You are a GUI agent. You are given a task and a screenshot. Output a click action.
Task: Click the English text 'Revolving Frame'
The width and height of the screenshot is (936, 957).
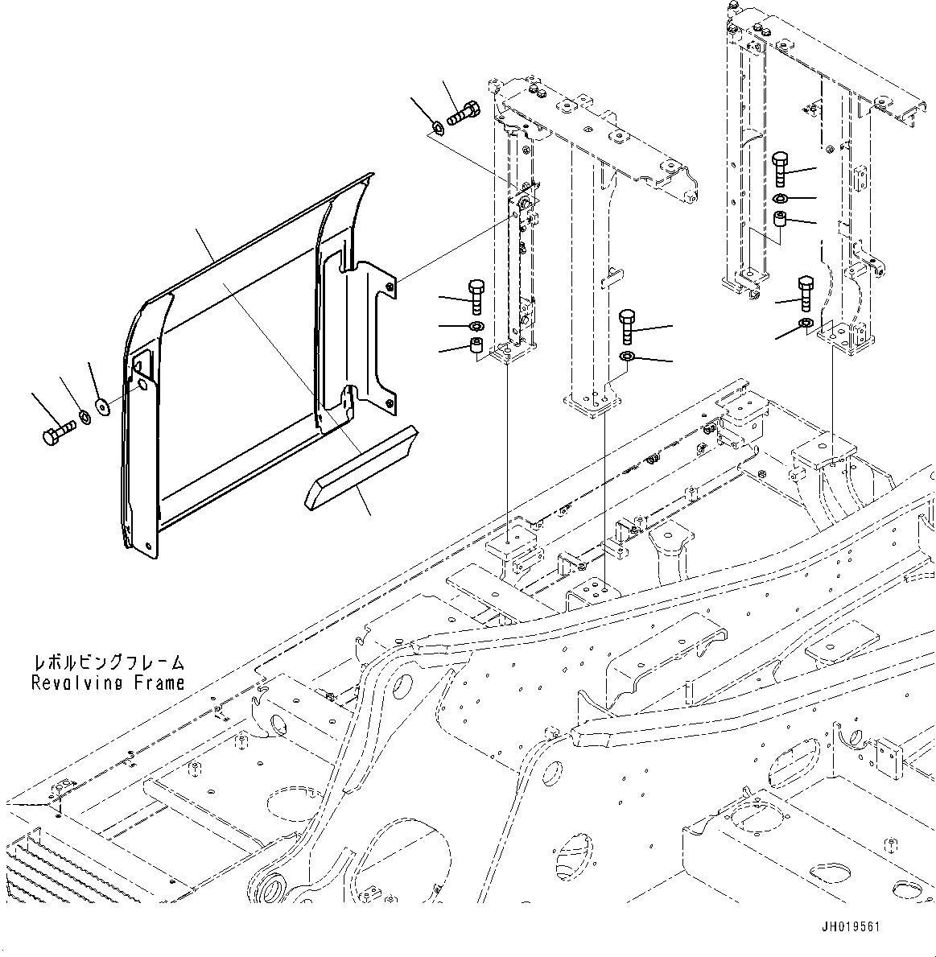point(108,683)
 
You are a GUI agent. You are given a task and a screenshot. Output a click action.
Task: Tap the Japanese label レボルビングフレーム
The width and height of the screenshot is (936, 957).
point(108,663)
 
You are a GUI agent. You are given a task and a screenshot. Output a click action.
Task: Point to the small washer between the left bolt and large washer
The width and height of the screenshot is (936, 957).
point(83,419)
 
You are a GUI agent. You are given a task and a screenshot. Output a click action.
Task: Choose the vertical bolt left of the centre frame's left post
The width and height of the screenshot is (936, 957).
point(474,295)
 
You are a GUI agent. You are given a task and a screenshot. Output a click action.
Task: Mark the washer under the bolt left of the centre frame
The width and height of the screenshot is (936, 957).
point(475,326)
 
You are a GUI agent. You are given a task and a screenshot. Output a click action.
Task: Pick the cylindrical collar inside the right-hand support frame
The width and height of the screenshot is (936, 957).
point(780,220)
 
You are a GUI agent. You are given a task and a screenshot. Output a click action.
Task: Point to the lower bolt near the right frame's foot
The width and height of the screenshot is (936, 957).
point(805,293)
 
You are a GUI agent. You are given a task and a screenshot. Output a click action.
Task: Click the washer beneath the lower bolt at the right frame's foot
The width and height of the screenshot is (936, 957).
point(805,324)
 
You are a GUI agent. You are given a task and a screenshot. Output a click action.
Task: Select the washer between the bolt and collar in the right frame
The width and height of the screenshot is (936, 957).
point(781,198)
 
